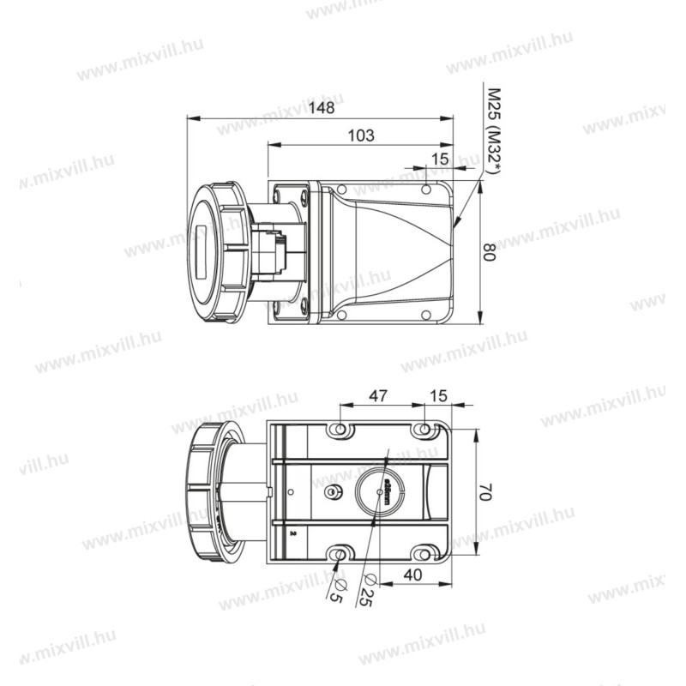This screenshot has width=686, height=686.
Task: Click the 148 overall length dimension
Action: coord(322,109)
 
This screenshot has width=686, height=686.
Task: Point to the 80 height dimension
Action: coord(488,252)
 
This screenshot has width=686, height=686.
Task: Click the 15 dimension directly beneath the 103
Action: coord(439,159)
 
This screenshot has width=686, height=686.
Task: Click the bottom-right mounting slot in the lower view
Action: coord(421,554)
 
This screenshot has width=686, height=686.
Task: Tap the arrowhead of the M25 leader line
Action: coord(457,226)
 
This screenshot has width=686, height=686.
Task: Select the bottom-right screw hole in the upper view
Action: coord(425,314)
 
